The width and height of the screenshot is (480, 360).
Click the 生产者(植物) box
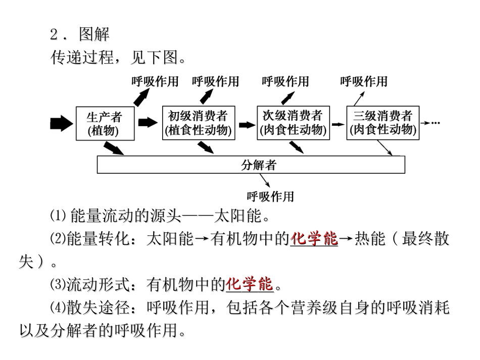pyautogui.click(x=105, y=124)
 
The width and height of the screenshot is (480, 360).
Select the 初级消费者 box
pyautogui.click(x=198, y=124)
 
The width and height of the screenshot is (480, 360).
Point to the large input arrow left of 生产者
pyautogui.click(x=62, y=123)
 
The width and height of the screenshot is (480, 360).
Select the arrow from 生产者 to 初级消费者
pyautogui.click(x=148, y=122)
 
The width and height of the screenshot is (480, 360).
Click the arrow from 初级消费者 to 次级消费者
pyautogui.click(x=245, y=123)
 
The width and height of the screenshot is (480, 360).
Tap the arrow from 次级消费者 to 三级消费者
pyautogui.click(x=337, y=123)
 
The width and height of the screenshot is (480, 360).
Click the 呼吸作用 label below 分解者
pyautogui.click(x=270, y=196)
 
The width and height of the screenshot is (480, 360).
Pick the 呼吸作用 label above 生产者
pyautogui.click(x=155, y=81)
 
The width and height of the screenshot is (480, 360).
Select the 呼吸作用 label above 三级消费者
pyautogui.click(x=364, y=81)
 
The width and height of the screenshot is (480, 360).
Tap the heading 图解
pyautogui.click(x=94, y=35)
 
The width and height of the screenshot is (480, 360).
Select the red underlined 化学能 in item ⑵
pyautogui.click(x=314, y=239)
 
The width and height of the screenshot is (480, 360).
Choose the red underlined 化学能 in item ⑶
pyautogui.click(x=250, y=284)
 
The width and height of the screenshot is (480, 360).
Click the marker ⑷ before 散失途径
pyautogui.click(x=55, y=307)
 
